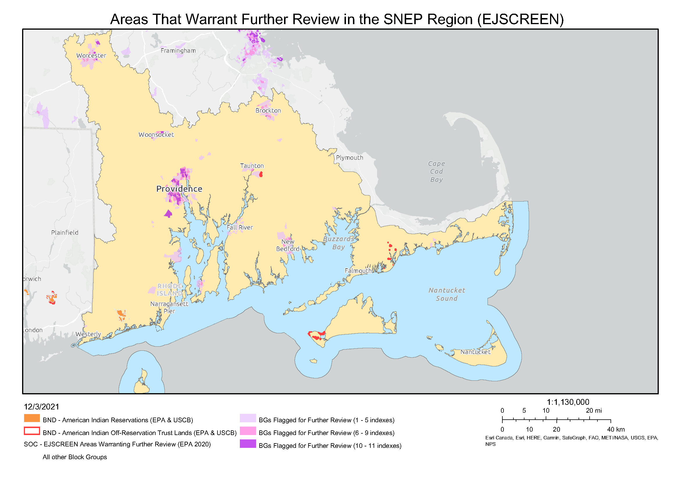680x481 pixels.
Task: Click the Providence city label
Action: coord(179,189)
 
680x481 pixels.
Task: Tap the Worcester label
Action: coord(91,56)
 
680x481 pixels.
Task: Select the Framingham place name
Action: coord(178,51)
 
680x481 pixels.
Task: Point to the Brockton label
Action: coord(268,111)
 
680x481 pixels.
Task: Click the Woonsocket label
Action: coord(156,135)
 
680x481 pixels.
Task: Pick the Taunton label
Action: coord(252,166)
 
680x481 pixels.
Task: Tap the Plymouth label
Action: coord(349,158)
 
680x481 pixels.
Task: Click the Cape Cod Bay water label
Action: coord(437,172)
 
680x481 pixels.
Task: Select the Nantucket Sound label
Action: coord(447,294)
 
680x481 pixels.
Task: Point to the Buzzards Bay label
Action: coord(338,243)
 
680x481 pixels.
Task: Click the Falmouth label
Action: coord(358,271)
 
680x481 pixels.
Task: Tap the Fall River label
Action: coord(240,228)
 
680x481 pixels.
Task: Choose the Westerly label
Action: coord(88,334)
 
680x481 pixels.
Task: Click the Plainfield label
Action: coord(65,233)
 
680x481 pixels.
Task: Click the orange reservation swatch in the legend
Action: coord(32,418)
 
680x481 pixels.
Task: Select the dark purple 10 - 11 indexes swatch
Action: coord(248,444)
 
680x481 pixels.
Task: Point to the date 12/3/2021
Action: coord(42,407)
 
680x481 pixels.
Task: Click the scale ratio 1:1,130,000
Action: coord(568,402)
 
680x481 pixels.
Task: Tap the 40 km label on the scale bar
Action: coord(616,430)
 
